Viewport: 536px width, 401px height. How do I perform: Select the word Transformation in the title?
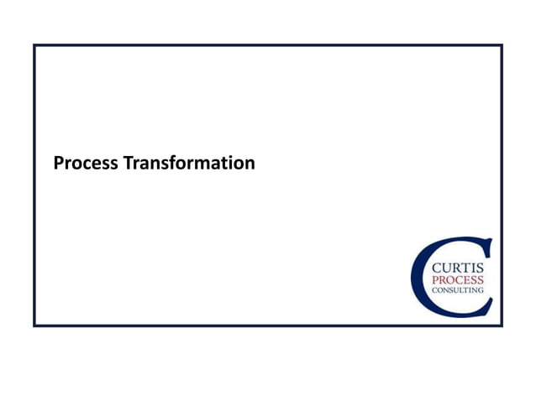pos(189,163)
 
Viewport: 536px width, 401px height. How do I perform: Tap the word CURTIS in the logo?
pos(457,268)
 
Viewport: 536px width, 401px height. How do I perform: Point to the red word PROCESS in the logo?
pos(457,279)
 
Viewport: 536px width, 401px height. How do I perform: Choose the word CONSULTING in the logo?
pos(457,289)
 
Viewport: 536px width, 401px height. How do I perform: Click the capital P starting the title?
pos(58,163)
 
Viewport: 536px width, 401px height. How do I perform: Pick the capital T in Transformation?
pos(129,163)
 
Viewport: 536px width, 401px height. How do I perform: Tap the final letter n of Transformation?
pos(250,164)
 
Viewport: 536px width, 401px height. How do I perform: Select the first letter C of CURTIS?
pos(435,268)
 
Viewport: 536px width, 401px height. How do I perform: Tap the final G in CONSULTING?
pos(481,289)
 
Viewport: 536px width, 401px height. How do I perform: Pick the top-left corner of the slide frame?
pos(34,45)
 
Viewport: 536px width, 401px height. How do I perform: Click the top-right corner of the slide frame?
pos(502,45)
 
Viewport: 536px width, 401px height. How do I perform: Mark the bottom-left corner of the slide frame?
pos(34,325)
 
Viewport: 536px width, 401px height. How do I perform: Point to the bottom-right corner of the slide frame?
pos(502,325)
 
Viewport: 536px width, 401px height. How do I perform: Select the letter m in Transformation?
pos(209,164)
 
